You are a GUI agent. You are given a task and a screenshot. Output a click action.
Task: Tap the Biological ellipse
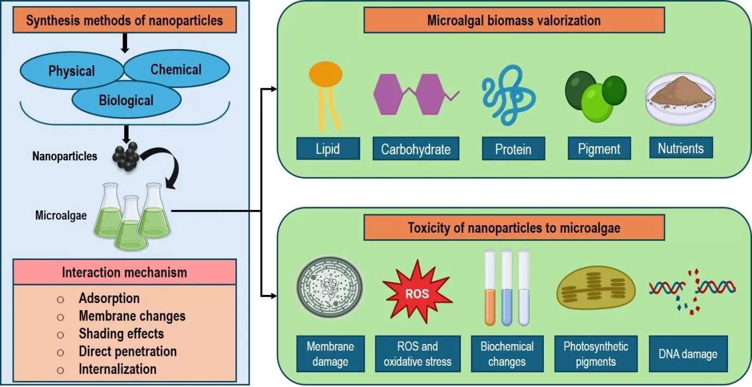click(x=126, y=100)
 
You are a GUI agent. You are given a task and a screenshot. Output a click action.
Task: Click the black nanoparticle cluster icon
click(x=127, y=158)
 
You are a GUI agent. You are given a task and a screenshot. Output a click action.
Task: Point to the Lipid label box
click(x=328, y=148)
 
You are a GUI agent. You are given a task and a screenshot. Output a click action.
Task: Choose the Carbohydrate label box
click(x=416, y=149)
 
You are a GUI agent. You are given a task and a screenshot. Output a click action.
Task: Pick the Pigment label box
click(x=599, y=148)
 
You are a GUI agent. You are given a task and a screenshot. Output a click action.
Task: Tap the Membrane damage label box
click(x=330, y=354)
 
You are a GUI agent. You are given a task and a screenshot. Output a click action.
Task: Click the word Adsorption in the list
click(x=109, y=298)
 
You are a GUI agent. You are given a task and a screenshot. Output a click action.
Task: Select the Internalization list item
click(x=117, y=369)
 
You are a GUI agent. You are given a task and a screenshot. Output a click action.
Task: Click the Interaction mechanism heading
click(x=125, y=272)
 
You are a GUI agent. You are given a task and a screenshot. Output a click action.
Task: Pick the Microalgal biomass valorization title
click(x=514, y=21)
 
